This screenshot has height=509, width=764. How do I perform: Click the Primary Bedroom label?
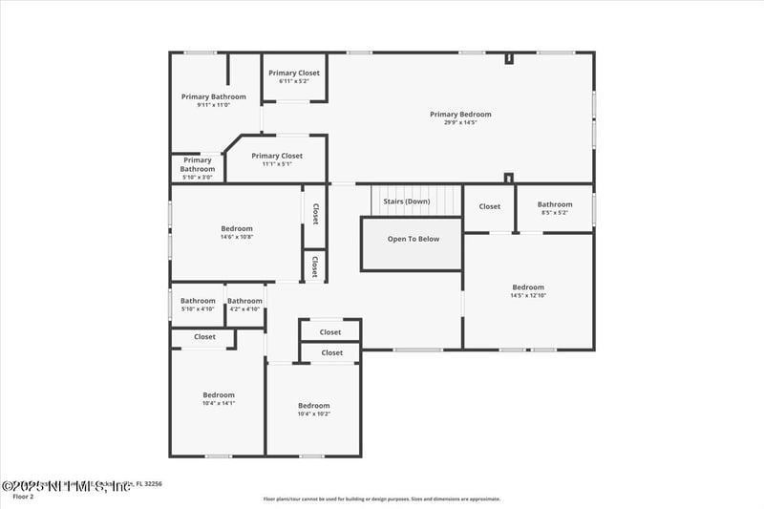(x=460, y=115)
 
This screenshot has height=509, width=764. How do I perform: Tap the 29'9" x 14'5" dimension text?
(x=460, y=123)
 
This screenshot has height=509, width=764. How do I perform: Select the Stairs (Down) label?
(x=406, y=201)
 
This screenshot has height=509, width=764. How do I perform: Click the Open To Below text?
(x=413, y=239)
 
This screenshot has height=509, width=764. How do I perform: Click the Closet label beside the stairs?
(x=489, y=206)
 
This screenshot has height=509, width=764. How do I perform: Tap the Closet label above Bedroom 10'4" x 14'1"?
(x=204, y=336)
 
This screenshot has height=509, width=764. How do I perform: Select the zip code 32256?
(x=149, y=484)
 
